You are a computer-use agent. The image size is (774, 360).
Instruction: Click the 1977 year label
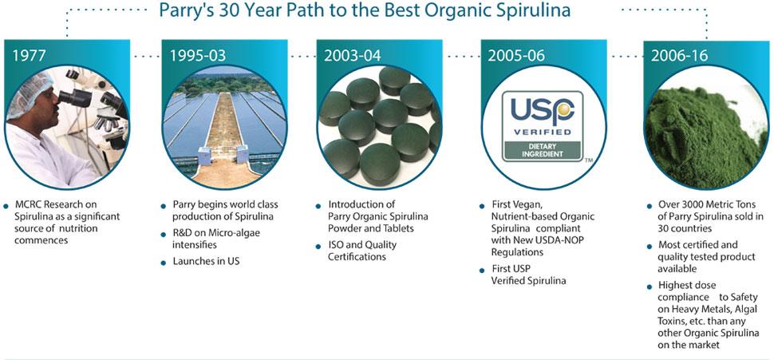pyautogui.click(x=29, y=55)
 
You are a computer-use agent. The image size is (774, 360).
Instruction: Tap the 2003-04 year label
pyautogui.click(x=353, y=55)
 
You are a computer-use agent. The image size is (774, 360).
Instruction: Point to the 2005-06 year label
pyautogui.click(x=516, y=55)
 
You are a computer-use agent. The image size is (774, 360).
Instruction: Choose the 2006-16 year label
pyautogui.click(x=679, y=55)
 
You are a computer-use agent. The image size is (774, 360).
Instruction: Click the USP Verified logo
pyautogui.click(x=543, y=126)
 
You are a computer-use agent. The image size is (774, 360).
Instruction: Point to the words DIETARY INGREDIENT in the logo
pyautogui.click(x=542, y=149)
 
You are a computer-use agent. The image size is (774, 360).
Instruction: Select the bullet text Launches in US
pyautogui.click(x=206, y=261)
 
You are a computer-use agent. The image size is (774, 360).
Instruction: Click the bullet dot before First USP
pyautogui.click(x=482, y=271)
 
